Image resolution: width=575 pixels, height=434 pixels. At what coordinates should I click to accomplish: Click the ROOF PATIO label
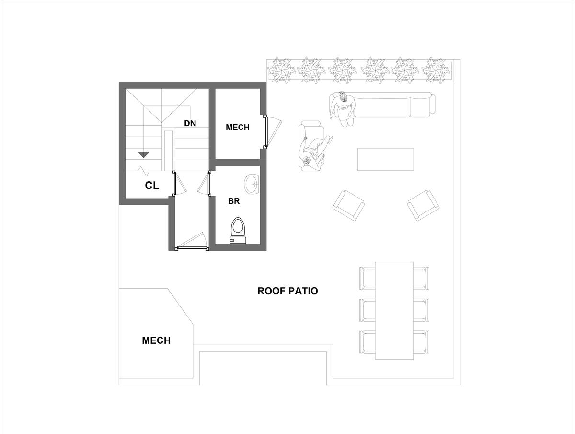(x=287, y=291)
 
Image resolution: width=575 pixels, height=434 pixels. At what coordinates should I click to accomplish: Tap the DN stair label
(x=190, y=123)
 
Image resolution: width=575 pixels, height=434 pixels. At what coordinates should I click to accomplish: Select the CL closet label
(x=152, y=186)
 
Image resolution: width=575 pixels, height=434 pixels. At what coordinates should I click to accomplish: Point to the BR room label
(x=234, y=201)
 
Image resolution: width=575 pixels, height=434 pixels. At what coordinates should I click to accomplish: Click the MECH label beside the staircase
(x=237, y=127)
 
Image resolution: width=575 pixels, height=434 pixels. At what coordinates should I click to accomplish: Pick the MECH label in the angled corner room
(x=156, y=340)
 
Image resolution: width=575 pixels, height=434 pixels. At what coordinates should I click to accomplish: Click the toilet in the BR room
(x=238, y=230)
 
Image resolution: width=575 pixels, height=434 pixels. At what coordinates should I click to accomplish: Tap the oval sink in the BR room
(x=252, y=185)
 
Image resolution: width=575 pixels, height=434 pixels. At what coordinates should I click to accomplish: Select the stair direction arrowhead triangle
(x=144, y=154)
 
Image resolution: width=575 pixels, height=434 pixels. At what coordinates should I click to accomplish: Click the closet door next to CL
(x=179, y=184)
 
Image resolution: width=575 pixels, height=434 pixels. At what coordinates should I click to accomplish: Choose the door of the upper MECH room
(x=273, y=131)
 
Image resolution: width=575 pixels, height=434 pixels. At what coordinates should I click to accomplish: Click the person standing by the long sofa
(x=343, y=108)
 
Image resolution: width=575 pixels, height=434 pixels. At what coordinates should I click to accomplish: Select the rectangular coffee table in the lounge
(x=386, y=159)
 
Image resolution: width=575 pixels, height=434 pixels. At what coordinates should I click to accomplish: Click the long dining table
(x=394, y=311)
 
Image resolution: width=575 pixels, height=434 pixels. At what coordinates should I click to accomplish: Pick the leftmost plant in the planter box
(x=281, y=70)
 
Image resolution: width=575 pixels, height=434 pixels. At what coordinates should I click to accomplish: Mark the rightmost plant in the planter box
(x=434, y=70)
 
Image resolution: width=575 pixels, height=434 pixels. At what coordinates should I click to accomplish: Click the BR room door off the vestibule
(x=205, y=184)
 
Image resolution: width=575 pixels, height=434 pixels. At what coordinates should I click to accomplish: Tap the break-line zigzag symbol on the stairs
(x=144, y=171)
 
